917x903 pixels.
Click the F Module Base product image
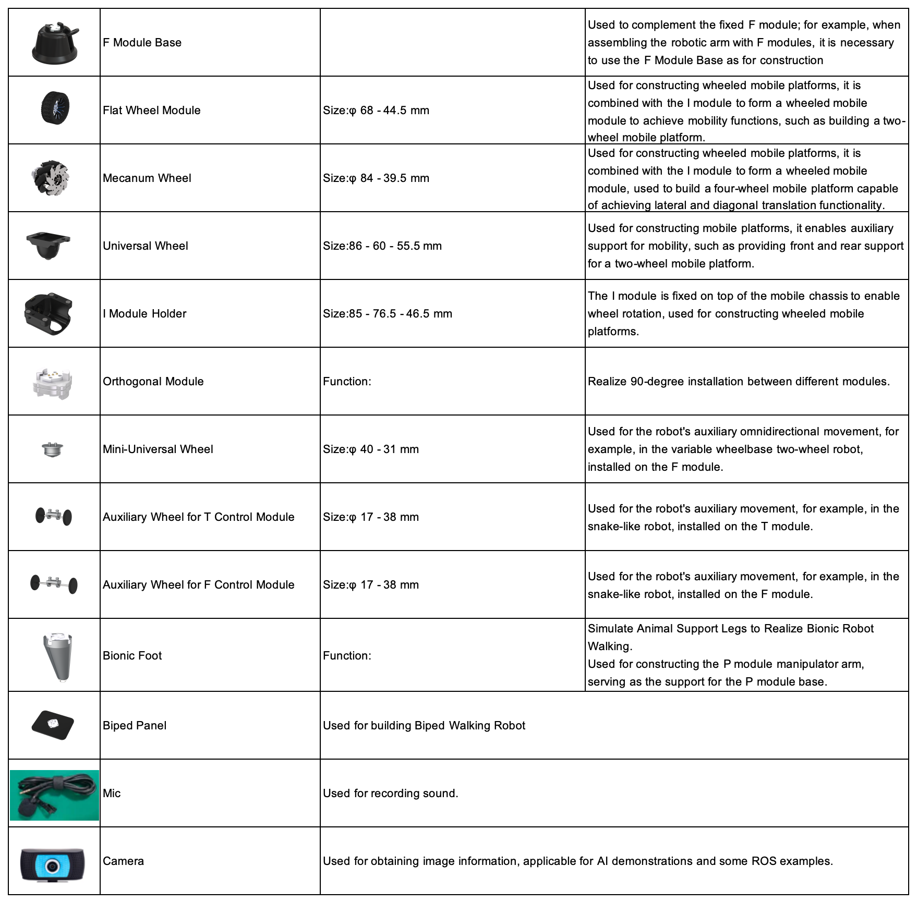point(55,43)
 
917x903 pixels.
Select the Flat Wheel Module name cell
point(151,111)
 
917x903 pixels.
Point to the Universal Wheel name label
point(145,246)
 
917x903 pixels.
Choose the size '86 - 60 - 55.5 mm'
point(395,246)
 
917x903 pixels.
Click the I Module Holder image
point(49,313)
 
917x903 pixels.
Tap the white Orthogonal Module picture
point(52,383)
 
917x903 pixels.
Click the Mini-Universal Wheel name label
point(158,449)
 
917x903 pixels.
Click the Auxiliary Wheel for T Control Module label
point(198,517)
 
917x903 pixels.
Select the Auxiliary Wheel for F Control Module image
point(54,583)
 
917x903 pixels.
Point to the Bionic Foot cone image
point(58,656)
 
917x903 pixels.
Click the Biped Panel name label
point(135,726)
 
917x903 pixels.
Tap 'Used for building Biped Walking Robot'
point(424,726)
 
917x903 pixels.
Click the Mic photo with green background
point(54,795)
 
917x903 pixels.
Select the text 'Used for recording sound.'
point(390,794)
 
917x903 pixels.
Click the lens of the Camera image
point(52,866)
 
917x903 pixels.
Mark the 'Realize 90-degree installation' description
point(738,382)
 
